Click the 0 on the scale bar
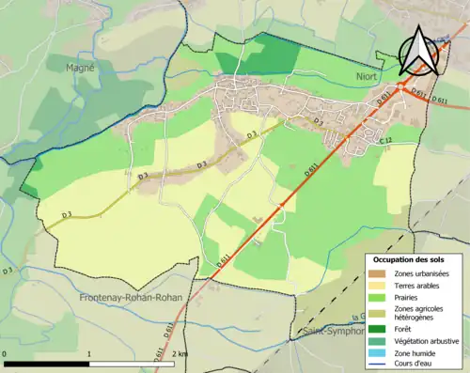(6, 353)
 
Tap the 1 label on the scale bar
(88, 353)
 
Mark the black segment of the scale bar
(47, 363)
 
